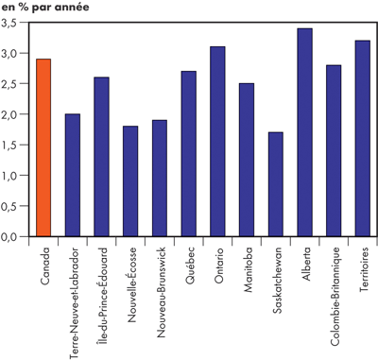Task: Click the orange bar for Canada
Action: click(x=43, y=147)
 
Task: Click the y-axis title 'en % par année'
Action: click(x=44, y=8)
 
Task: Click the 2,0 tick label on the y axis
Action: click(x=13, y=114)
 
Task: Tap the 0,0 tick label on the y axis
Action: click(x=13, y=236)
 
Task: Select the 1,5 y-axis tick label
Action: click(x=13, y=145)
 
